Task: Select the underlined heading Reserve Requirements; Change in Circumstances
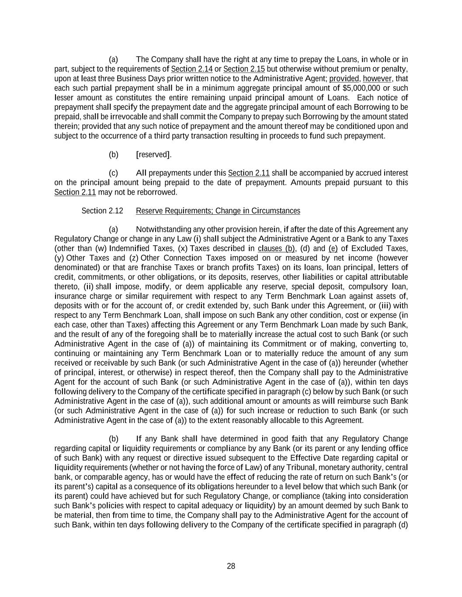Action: click(218, 211)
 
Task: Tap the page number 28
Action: click(231, 566)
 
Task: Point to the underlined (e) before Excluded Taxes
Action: click(333, 248)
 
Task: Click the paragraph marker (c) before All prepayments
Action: click(113, 173)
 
